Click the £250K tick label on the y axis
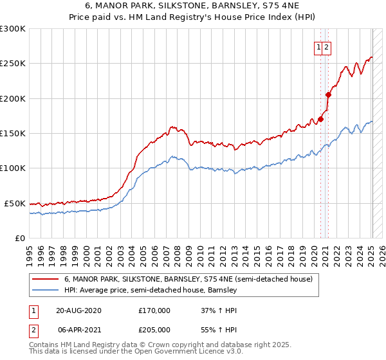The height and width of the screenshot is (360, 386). click(x=13, y=64)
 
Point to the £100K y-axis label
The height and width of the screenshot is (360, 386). click(x=13, y=168)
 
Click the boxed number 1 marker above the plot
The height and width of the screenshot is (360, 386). click(x=318, y=47)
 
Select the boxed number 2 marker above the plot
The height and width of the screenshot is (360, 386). click(x=326, y=47)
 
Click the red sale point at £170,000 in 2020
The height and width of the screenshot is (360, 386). click(x=321, y=119)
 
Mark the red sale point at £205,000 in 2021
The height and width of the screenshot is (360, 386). click(x=328, y=94)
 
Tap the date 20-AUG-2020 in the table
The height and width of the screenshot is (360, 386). click(x=79, y=310)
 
